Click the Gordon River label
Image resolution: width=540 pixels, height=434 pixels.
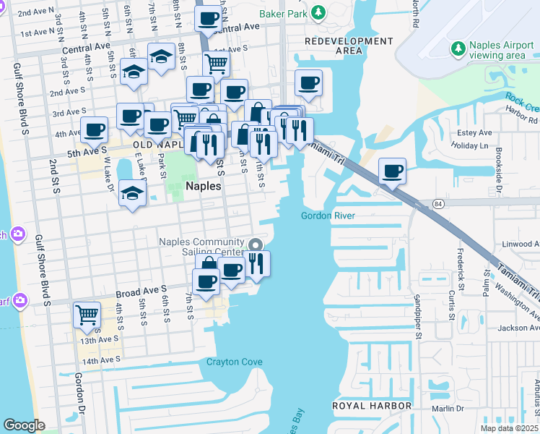pyautogui.click(x=326, y=216)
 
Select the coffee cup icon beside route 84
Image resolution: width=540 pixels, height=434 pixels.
pyautogui.click(x=392, y=171)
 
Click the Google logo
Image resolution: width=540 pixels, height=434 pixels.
pyautogui.click(x=23, y=425)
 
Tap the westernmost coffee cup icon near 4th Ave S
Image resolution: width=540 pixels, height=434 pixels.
pyautogui.click(x=94, y=130)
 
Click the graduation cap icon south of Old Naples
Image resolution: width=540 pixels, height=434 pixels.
pyautogui.click(x=132, y=194)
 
